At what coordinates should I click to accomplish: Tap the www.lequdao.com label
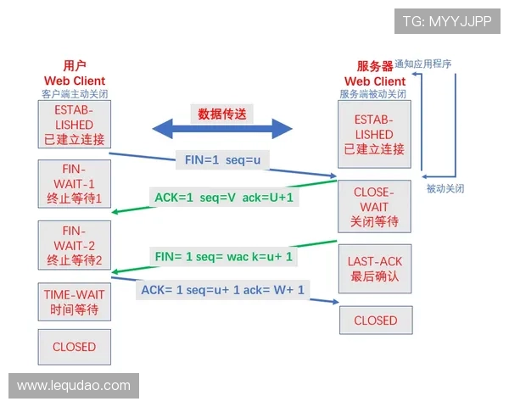pyautogui.click(x=74, y=386)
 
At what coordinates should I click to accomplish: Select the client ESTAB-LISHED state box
pyautogui.click(x=74, y=125)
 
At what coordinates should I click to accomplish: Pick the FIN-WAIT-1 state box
pyautogui.click(x=74, y=184)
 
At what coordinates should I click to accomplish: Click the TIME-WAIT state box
pyautogui.click(x=74, y=302)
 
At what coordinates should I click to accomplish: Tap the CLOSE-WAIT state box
pyautogui.click(x=374, y=207)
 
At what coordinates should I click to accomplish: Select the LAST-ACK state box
pyautogui.click(x=374, y=269)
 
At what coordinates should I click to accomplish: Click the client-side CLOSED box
pyautogui.click(x=74, y=347)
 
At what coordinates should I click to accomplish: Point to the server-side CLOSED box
pyautogui.click(x=375, y=321)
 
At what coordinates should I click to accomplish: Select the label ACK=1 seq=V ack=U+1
pyautogui.click(x=223, y=198)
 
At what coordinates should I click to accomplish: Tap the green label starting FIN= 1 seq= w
pyautogui.click(x=223, y=255)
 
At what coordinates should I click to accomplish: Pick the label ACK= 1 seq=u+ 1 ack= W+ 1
pyautogui.click(x=222, y=290)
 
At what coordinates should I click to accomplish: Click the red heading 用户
pyautogui.click(x=74, y=65)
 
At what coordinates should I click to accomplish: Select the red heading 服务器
pyautogui.click(x=374, y=66)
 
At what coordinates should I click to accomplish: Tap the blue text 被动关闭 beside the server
pyautogui.click(x=445, y=188)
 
